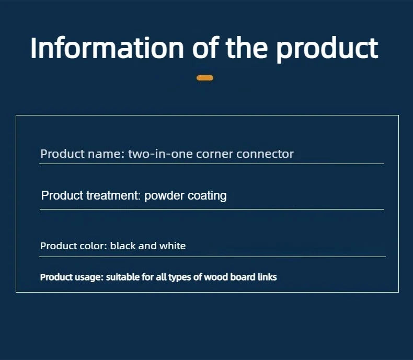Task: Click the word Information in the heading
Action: coord(107,48)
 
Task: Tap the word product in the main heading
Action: coord(327,49)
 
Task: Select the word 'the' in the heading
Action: coord(247,48)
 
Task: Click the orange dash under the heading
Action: coord(205,78)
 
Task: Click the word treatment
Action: coord(113,195)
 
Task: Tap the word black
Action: coord(122,246)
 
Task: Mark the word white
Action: coord(173,246)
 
